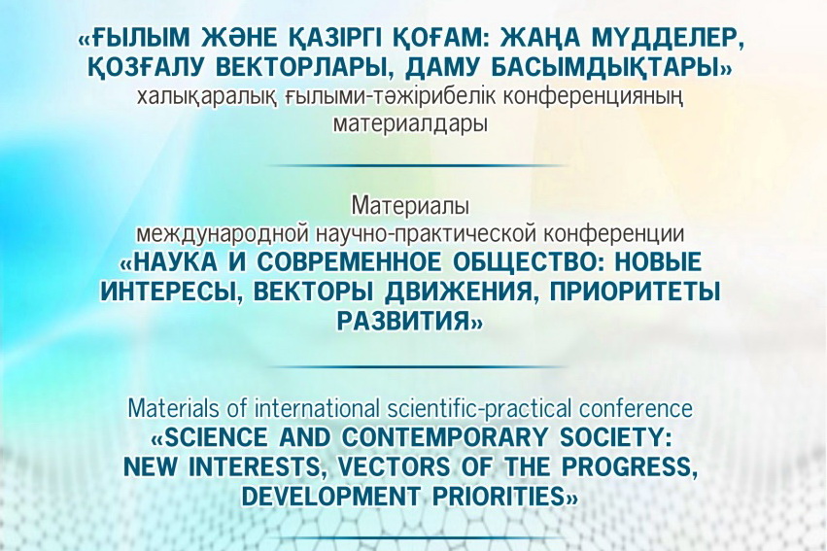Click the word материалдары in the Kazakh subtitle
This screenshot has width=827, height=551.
coord(410,125)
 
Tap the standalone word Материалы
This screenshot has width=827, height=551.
coord(410,206)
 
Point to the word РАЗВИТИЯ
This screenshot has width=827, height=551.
coord(403,321)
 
